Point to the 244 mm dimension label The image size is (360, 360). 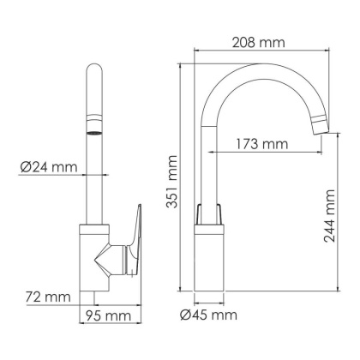331,225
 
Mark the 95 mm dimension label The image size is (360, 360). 110,316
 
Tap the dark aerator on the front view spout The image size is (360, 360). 92,134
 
